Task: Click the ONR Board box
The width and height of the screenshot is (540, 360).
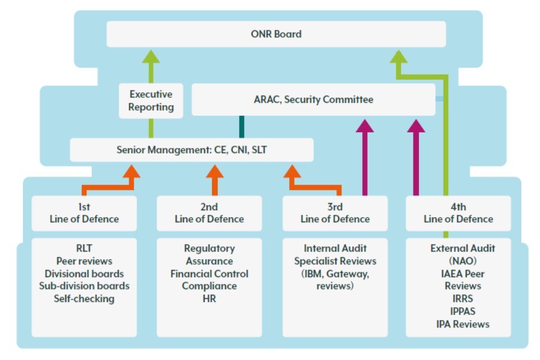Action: pyautogui.click(x=276, y=34)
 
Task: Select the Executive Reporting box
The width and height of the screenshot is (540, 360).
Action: pyautogui.click(x=151, y=101)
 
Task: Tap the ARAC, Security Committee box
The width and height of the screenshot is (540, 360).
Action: pyautogui.click(x=313, y=100)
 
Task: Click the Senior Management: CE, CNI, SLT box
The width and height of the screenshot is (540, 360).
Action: pyautogui.click(x=191, y=150)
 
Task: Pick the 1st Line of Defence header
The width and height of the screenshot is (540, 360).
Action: pyautogui.click(x=84, y=213)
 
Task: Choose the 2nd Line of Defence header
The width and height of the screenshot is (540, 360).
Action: pyautogui.click(x=209, y=213)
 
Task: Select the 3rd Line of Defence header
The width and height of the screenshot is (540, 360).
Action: pyautogui.click(x=335, y=213)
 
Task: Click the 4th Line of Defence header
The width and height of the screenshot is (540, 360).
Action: pyautogui.click(x=458, y=213)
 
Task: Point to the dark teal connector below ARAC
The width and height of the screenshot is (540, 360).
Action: pyautogui.click(x=242, y=127)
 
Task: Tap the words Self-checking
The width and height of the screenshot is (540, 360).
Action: pyautogui.click(x=84, y=299)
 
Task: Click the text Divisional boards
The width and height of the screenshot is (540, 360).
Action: pyautogui.click(x=84, y=274)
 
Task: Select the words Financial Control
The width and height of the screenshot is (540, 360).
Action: pyautogui.click(x=209, y=274)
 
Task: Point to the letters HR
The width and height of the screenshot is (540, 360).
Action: pyautogui.click(x=209, y=299)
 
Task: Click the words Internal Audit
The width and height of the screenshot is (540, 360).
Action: pyautogui.click(x=335, y=248)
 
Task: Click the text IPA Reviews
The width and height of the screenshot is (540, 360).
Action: pyautogui.click(x=463, y=324)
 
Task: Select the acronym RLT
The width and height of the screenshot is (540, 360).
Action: pyautogui.click(x=84, y=248)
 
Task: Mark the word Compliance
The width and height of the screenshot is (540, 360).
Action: pyautogui.click(x=209, y=286)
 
